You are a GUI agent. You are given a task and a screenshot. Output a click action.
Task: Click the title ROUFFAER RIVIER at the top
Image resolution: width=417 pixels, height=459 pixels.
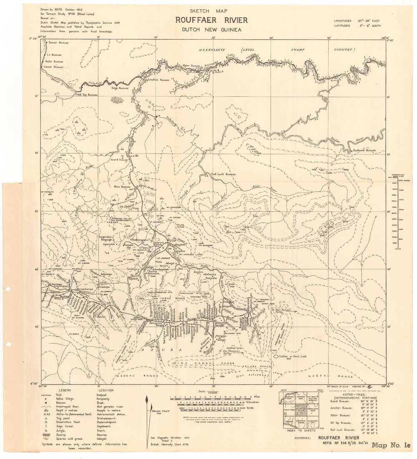click(211, 20)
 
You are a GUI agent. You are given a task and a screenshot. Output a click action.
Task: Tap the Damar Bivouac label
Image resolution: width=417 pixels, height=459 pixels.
click(58, 43)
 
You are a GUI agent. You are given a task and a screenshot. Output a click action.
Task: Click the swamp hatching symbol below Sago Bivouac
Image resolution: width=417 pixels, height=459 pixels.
click(117, 100)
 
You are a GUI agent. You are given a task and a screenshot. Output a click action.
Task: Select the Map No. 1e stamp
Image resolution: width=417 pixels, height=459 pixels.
click(391, 445)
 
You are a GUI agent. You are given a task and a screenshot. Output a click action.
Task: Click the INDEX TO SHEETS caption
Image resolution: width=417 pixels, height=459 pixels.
click(301, 431)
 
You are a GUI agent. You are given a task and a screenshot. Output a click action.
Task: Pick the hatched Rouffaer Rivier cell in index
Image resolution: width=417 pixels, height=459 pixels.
click(300, 410)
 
